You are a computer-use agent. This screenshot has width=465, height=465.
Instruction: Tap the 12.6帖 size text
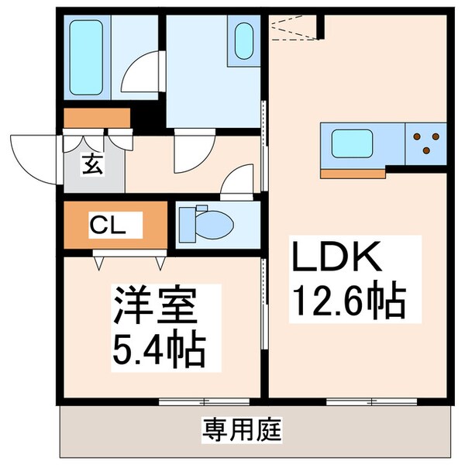(347, 300)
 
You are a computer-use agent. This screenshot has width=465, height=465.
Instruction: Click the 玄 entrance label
(91, 165)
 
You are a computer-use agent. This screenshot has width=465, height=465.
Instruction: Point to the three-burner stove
(425, 143)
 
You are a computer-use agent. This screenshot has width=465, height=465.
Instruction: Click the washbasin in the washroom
(244, 40)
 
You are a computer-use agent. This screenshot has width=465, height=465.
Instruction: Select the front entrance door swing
(35, 155)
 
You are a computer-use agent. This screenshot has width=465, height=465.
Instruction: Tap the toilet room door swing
(237, 184)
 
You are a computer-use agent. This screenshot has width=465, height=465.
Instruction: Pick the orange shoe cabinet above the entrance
(97, 119)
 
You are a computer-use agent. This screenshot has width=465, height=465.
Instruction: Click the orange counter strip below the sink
(353, 173)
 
